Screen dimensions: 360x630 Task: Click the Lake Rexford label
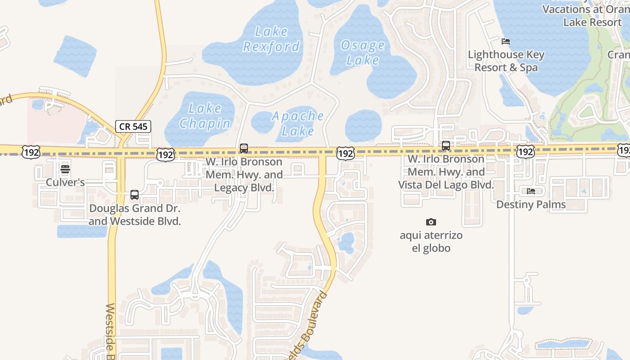tap(271, 39)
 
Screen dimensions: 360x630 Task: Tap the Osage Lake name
tap(363, 53)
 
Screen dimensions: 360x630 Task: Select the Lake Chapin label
tap(205, 116)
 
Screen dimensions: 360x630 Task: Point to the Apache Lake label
tap(298, 123)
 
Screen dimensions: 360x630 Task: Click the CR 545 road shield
tap(133, 126)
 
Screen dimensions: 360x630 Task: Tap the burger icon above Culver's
tap(65, 170)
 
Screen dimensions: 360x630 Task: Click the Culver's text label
tap(65, 182)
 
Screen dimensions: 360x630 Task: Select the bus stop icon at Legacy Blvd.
tap(244, 148)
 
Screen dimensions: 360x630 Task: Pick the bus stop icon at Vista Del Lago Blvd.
tap(446, 146)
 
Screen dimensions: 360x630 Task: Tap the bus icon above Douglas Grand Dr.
tap(135, 195)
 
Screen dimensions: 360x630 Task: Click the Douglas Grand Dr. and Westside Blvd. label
tap(135, 215)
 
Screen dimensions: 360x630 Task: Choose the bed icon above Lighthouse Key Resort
tap(506, 41)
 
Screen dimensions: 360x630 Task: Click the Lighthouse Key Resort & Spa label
tap(506, 61)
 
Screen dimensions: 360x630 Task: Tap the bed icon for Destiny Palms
tap(531, 191)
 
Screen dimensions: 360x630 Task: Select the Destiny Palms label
tap(531, 204)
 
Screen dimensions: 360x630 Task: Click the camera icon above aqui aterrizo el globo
tap(431, 222)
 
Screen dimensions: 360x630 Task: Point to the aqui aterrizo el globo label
tap(431, 242)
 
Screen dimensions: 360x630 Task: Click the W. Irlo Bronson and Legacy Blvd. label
tap(244, 175)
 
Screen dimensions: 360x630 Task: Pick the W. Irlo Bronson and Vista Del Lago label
tap(446, 172)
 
